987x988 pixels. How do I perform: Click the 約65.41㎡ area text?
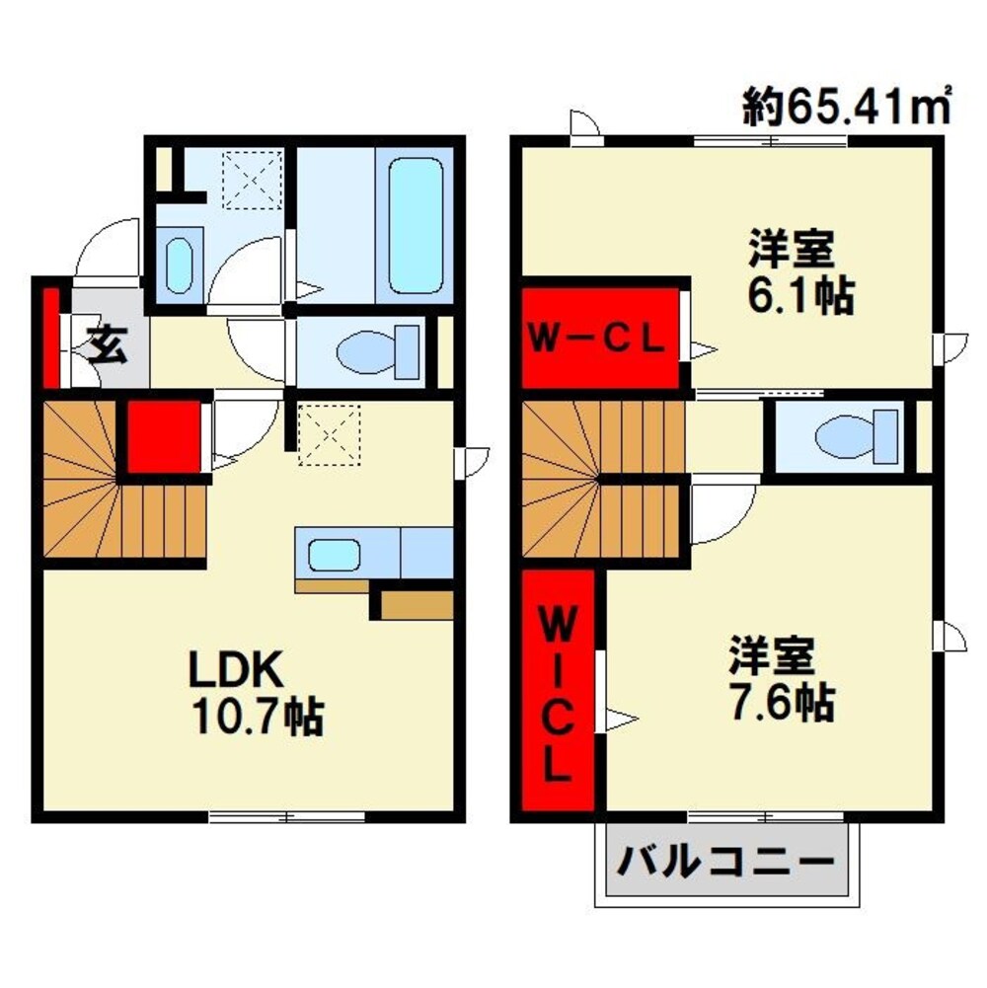(847, 105)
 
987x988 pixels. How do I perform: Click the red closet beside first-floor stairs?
(163, 435)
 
